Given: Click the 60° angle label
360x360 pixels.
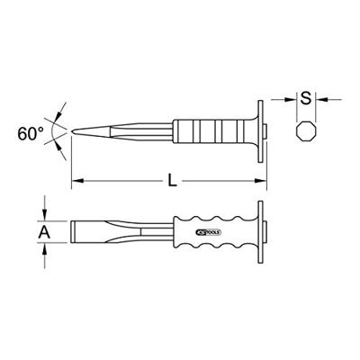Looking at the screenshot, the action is [x=31, y=134].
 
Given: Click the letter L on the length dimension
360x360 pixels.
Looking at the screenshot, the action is [x=172, y=181].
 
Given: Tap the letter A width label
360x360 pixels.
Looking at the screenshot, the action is [x=44, y=232].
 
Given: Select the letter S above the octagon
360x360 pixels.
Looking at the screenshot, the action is [x=306, y=98].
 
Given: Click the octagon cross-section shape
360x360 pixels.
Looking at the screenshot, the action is [x=306, y=130].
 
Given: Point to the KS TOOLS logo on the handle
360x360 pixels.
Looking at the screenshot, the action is [x=209, y=232].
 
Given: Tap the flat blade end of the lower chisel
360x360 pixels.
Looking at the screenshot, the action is [x=73, y=232].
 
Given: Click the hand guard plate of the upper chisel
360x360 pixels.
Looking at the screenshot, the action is [x=260, y=131].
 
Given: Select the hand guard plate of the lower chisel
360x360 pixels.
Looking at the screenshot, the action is [x=260, y=232].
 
